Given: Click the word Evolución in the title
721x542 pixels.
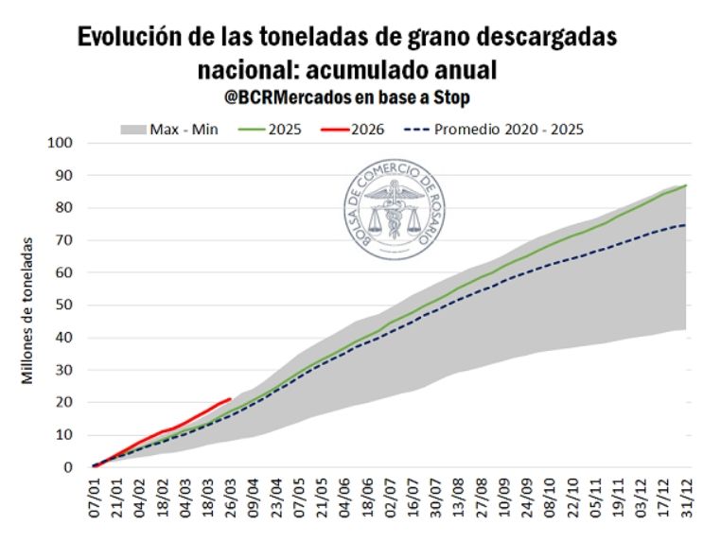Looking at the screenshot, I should click(127, 38).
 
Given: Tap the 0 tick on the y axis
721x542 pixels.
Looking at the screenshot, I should click(68, 467).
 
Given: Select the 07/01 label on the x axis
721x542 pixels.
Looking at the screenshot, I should click(96, 499).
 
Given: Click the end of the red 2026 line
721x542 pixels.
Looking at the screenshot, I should click(231, 399).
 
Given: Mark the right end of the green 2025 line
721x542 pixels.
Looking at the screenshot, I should click(686, 185).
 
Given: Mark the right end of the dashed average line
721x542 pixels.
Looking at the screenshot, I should click(686, 225).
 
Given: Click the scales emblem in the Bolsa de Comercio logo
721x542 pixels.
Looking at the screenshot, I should click(390, 211).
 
